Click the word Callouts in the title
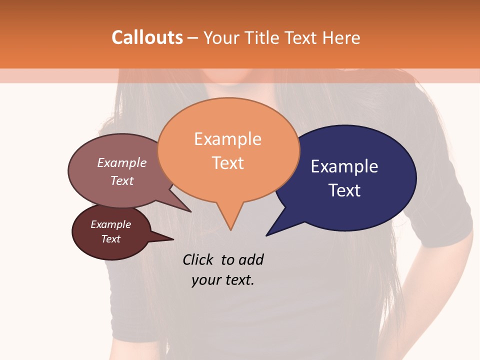[x=147, y=37]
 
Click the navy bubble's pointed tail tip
[x=267, y=235]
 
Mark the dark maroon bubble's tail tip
[x=173, y=239]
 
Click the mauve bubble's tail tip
[x=190, y=211]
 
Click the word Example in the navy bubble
[x=344, y=166]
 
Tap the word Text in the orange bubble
[x=228, y=163]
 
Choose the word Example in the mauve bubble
[x=122, y=162]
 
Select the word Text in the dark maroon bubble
[x=111, y=239]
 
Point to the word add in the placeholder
[x=250, y=259]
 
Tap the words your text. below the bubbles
[x=223, y=280]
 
